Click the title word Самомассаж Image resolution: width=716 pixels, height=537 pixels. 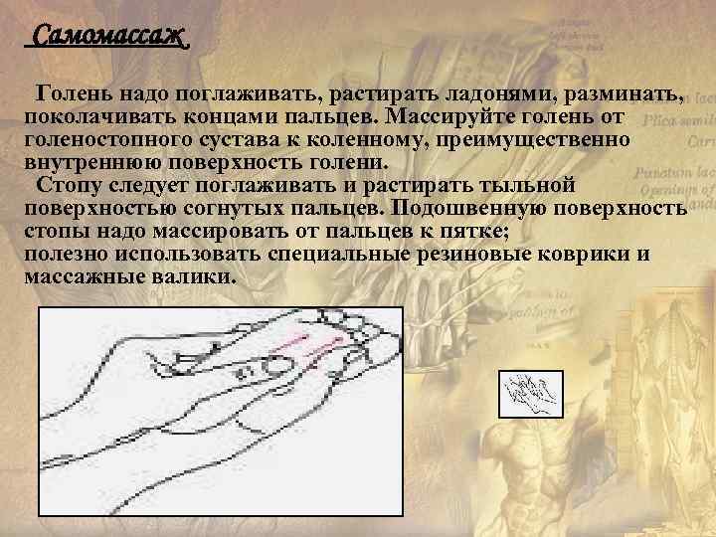(x=108, y=38)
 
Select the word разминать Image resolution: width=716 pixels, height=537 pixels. (x=624, y=95)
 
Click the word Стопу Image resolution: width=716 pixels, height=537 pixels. (x=66, y=186)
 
